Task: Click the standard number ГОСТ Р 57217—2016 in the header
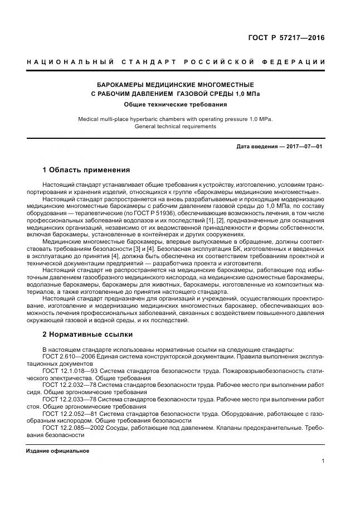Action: (x=286, y=38)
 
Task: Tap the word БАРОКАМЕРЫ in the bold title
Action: (x=120, y=84)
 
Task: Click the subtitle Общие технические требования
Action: (x=176, y=104)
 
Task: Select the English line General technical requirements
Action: (x=176, y=126)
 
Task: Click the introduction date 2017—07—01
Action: (x=304, y=146)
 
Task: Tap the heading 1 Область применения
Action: (x=86, y=169)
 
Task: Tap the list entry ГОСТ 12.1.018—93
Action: (x=69, y=370)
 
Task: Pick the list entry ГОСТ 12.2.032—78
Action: (x=69, y=385)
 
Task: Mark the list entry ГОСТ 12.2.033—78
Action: (x=69, y=399)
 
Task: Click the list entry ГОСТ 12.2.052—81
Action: (x=69, y=414)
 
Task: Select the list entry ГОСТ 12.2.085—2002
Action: (x=71, y=428)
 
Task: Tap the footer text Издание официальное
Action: (x=57, y=450)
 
